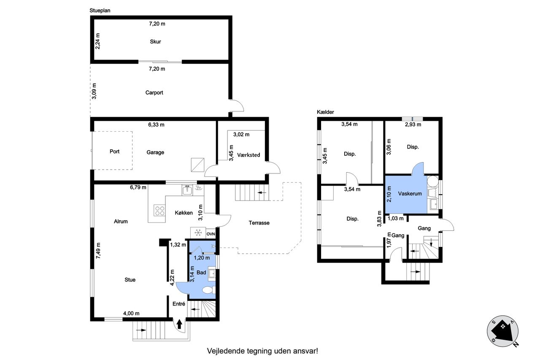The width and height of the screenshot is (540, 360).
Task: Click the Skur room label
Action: tap(155, 42)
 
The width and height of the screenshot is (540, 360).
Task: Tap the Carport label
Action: tap(154, 92)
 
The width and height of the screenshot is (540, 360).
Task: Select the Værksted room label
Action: tap(248, 155)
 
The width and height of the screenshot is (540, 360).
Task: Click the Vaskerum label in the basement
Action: tap(410, 194)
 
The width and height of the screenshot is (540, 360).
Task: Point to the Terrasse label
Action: tap(259, 223)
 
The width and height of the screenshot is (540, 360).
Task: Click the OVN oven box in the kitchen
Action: tap(211, 234)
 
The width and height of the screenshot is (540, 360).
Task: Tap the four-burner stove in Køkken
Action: tap(159, 210)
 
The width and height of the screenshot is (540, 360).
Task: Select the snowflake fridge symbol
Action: tap(198, 233)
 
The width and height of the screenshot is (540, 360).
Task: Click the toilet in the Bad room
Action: tap(208, 290)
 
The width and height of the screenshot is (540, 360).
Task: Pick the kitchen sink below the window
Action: tap(187, 190)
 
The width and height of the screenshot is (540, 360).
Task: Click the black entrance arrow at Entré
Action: tap(179, 324)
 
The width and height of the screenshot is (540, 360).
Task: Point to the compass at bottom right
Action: tap(502, 331)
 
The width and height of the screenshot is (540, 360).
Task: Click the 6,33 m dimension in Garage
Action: tap(156, 125)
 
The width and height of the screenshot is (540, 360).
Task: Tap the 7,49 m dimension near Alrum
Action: tap(98, 251)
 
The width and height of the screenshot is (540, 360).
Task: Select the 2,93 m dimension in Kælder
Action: tap(413, 125)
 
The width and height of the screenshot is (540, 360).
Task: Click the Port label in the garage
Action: tap(114, 152)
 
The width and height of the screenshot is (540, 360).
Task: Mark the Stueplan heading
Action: tap(100, 11)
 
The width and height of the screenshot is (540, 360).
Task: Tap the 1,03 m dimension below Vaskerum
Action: tap(395, 219)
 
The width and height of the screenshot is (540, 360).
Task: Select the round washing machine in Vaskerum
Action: tap(433, 181)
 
